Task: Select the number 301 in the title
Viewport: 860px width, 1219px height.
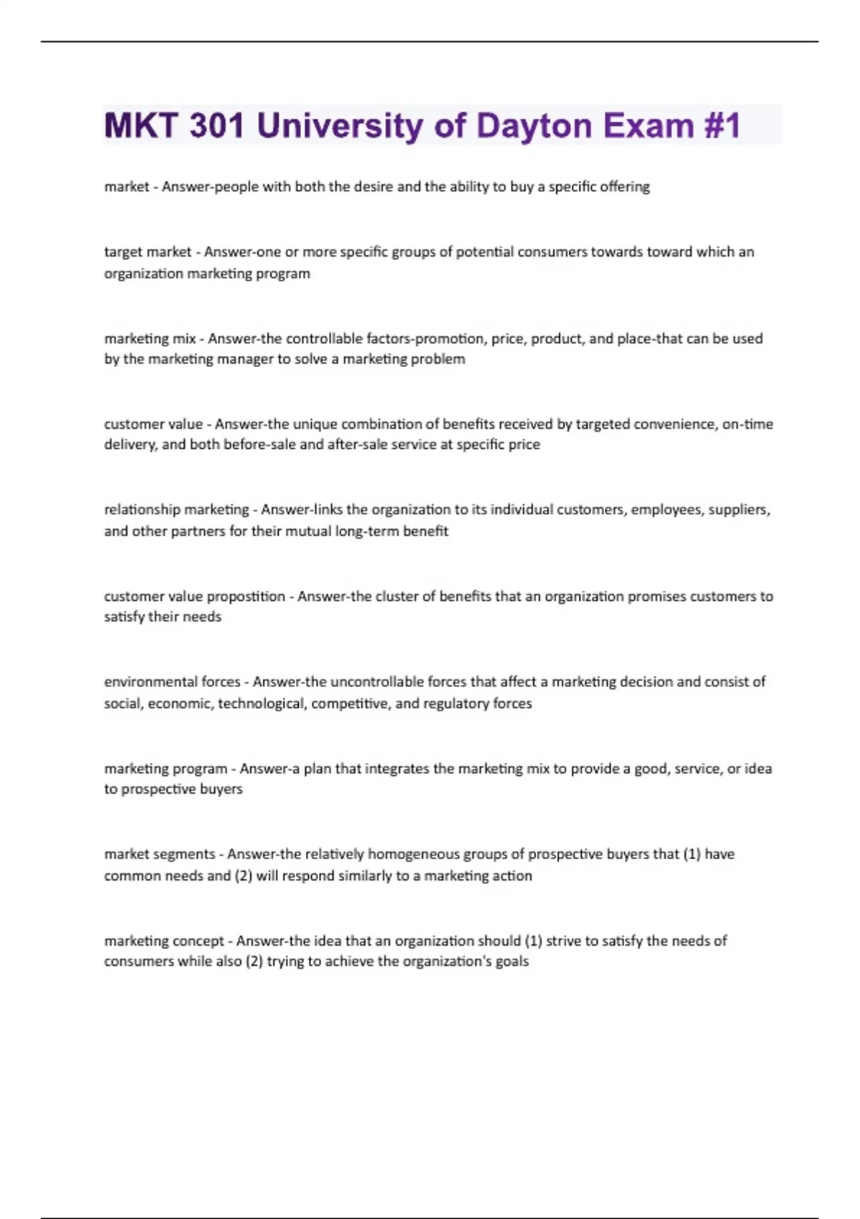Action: (216, 126)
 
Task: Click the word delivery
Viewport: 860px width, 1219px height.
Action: (130, 445)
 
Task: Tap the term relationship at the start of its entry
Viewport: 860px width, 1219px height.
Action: (140, 510)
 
